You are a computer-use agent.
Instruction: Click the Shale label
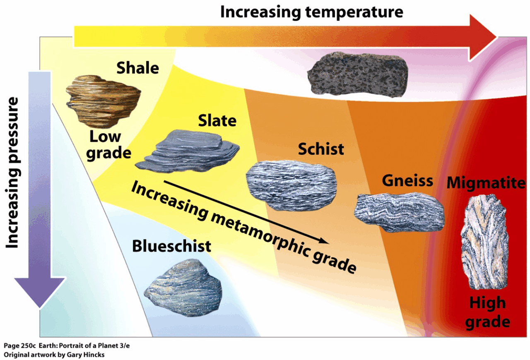(x=137, y=68)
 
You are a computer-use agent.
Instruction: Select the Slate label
(x=217, y=120)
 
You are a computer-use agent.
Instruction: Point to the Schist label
(x=321, y=149)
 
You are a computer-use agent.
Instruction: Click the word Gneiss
(x=407, y=180)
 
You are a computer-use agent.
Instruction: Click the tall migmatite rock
(x=485, y=242)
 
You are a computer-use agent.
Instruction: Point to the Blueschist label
(x=171, y=246)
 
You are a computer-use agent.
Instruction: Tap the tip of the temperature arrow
(x=496, y=36)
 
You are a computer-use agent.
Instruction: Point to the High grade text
(x=487, y=312)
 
